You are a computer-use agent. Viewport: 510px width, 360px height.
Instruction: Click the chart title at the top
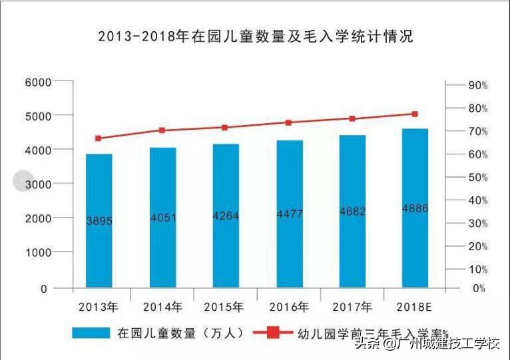(x=255, y=37)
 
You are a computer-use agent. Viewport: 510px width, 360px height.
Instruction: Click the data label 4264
(x=226, y=216)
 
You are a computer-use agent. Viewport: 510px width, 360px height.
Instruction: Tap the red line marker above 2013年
(x=99, y=138)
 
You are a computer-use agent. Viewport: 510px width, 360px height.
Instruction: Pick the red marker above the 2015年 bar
(x=225, y=127)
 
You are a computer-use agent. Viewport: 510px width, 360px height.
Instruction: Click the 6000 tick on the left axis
(x=37, y=82)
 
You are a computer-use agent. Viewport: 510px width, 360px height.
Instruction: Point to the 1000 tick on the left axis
(x=37, y=253)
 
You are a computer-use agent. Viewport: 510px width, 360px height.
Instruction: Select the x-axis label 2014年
(x=162, y=307)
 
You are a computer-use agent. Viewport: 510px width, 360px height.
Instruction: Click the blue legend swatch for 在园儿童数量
(x=91, y=332)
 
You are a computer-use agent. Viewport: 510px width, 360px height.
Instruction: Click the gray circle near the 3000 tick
(x=23, y=180)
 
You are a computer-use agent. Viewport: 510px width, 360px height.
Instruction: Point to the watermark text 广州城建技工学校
(x=447, y=344)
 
